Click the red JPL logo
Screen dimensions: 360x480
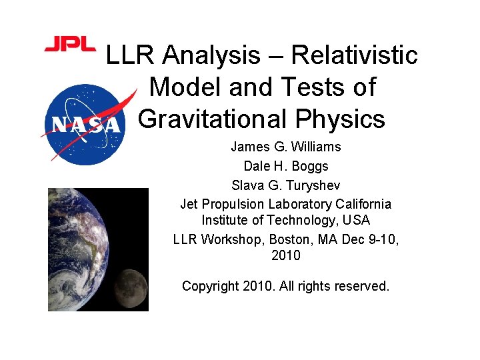pos(69,45)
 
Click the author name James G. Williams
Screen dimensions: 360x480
pos(285,147)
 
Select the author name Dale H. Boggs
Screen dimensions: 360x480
pos(285,166)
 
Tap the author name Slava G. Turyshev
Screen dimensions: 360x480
pos(285,185)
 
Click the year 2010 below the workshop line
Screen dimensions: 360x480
pos(285,255)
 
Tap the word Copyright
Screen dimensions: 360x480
pos(210,286)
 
